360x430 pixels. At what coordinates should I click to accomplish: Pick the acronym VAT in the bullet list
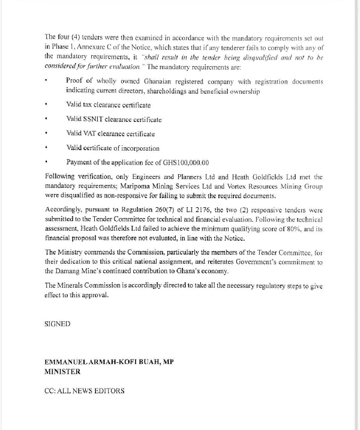coord(92,134)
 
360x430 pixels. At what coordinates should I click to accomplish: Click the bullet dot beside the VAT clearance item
coord(46,134)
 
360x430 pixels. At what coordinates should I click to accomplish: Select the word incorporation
coord(140,148)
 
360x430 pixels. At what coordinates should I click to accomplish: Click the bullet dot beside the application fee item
coord(46,162)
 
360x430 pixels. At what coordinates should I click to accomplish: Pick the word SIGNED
coord(58,324)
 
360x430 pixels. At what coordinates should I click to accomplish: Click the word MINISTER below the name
coord(62,372)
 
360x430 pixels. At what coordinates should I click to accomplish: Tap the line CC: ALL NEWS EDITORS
coord(85,391)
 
